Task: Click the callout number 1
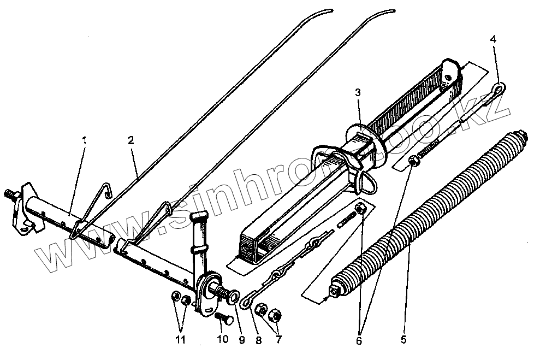pos(84,140)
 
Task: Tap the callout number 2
pos(130,139)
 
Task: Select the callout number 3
pos(358,93)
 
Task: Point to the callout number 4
pos(493,39)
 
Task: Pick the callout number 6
pos(359,340)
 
